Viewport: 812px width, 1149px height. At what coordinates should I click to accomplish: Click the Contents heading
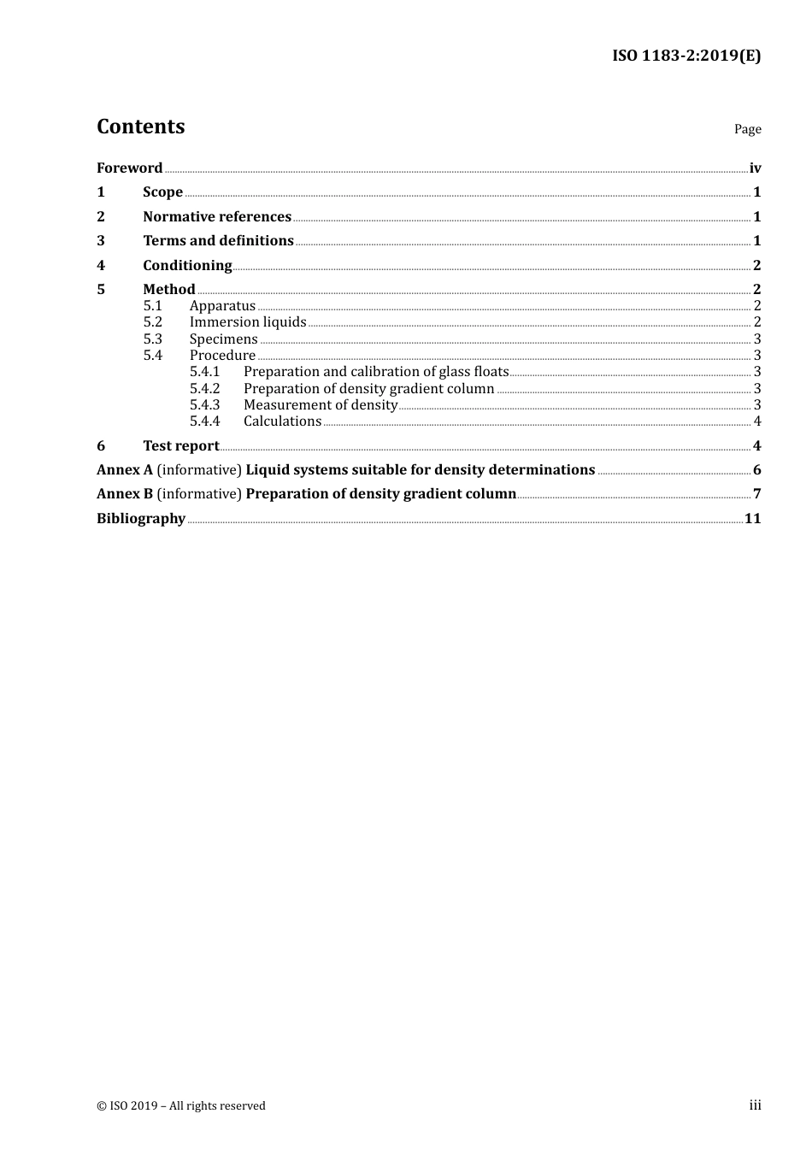tap(140, 127)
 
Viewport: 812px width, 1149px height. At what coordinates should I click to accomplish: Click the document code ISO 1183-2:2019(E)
tap(685, 56)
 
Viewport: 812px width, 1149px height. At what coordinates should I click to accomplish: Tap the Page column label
tap(747, 129)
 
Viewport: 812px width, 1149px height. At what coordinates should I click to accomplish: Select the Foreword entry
tap(129, 168)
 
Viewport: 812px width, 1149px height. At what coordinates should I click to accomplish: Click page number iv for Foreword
tap(755, 168)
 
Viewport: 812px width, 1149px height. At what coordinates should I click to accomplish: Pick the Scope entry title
tap(162, 192)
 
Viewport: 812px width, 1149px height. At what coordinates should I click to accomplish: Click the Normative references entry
tap(217, 216)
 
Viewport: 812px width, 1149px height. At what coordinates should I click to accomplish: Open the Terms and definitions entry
tap(218, 241)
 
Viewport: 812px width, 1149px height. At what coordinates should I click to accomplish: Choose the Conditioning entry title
tap(187, 265)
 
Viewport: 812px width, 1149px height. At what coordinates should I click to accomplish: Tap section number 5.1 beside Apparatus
tap(152, 306)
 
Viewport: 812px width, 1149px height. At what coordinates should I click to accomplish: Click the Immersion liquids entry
tap(248, 322)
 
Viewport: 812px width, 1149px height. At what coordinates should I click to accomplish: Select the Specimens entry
tap(223, 339)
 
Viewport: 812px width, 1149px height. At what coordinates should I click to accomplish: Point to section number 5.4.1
tap(204, 372)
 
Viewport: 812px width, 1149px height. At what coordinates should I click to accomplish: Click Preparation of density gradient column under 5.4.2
tap(368, 389)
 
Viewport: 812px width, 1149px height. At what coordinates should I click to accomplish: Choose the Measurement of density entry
tap(320, 405)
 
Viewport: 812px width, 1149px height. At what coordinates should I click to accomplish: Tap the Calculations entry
tap(282, 421)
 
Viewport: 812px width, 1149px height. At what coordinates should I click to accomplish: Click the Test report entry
tap(180, 445)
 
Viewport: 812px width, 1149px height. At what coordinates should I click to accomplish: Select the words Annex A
tap(118, 469)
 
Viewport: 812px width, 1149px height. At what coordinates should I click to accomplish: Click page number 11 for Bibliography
tap(752, 518)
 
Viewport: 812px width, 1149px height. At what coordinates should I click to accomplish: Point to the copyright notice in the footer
tap(180, 1105)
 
